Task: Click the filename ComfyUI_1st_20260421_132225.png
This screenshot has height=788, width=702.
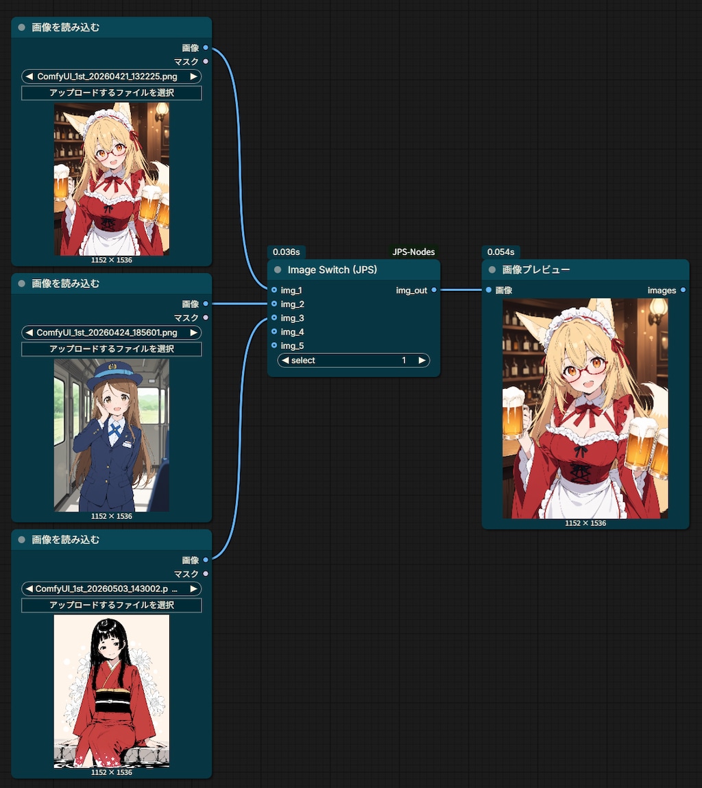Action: coord(107,76)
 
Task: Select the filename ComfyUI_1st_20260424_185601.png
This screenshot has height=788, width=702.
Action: coord(106,333)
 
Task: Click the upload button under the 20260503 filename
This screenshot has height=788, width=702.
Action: coord(112,605)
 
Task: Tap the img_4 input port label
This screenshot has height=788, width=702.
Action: coord(293,332)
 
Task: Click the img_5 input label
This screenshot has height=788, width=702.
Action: coord(293,346)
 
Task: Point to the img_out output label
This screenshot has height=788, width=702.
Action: coord(411,291)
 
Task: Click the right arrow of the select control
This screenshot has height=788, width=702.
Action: coord(422,360)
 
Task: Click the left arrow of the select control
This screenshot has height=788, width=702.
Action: coord(285,360)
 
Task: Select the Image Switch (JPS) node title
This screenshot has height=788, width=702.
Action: coord(332,270)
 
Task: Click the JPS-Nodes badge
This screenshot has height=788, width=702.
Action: coord(413,252)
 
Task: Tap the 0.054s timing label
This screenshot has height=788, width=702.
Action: coord(500,252)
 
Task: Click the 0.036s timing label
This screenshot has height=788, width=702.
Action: coord(286,252)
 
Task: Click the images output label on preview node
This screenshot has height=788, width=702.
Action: coord(662,291)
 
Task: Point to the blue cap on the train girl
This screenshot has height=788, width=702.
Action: coord(114,374)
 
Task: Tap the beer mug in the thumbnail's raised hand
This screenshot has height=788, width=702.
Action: coord(61,183)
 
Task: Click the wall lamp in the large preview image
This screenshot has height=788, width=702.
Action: coord(657,311)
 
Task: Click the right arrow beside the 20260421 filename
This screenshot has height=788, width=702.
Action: coord(193,76)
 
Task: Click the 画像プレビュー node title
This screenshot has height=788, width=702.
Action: coord(536,270)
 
